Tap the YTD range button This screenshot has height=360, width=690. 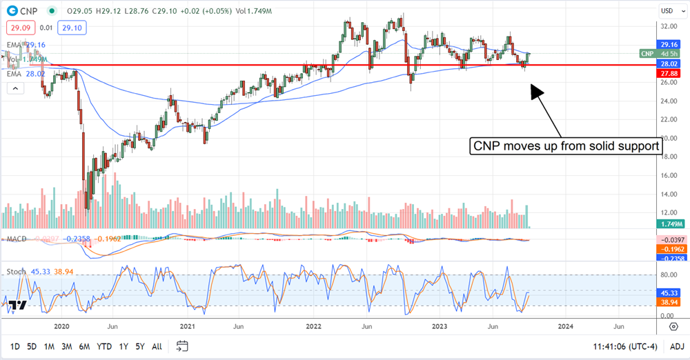point(104,346)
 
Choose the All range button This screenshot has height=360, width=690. point(157,346)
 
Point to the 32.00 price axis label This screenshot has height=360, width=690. point(667,26)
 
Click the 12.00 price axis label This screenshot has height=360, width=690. point(667,194)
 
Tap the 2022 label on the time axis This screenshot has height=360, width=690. point(314,326)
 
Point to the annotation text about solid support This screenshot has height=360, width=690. point(565,146)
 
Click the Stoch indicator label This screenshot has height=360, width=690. point(17,272)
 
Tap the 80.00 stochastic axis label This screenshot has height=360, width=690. point(667,274)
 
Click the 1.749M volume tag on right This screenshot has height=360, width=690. point(668,224)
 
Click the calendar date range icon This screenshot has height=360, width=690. point(182,346)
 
